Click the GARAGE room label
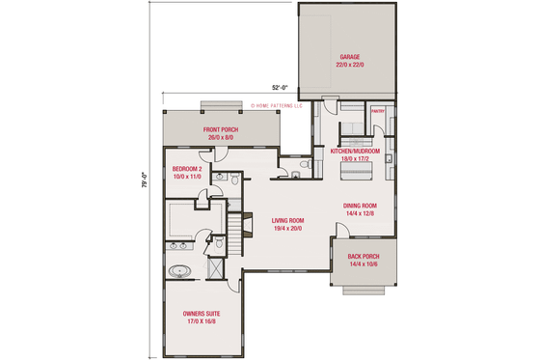[x=348, y=56]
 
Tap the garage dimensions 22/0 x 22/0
[x=348, y=65]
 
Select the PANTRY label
[x=378, y=111]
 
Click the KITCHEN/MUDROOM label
[x=356, y=152]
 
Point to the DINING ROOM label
[x=360, y=206]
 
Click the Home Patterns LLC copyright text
[x=276, y=104]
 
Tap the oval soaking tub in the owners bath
[x=179, y=271]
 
